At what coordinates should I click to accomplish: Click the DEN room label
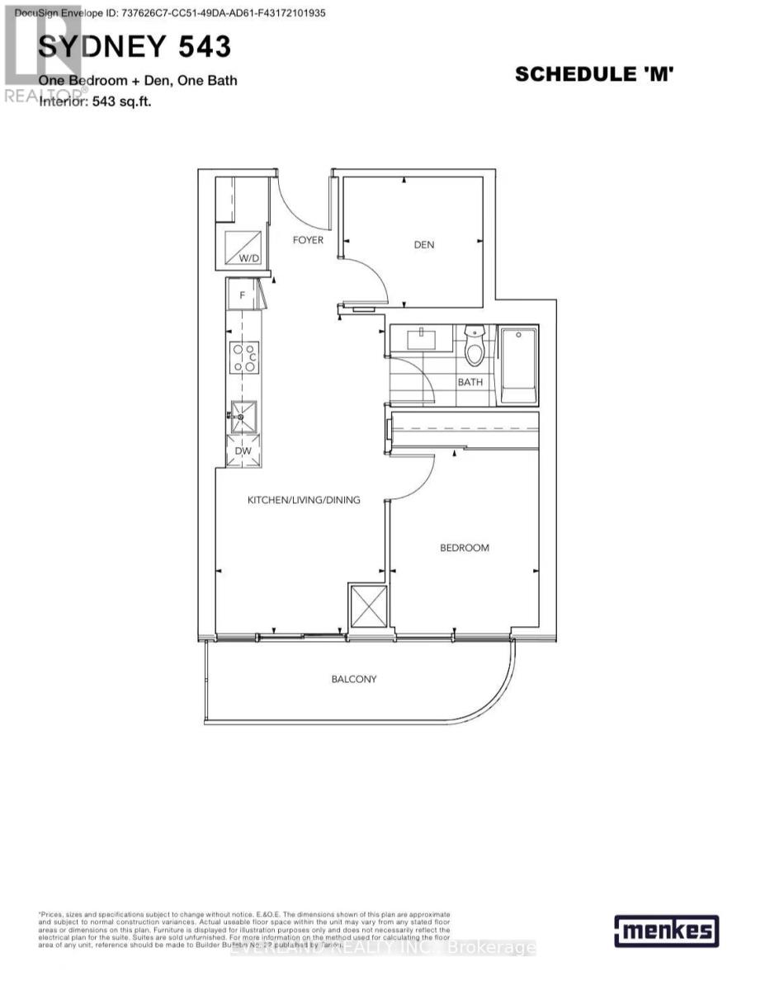click(x=424, y=244)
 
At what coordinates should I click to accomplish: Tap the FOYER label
click(x=309, y=240)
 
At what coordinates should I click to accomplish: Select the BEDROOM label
click(x=464, y=548)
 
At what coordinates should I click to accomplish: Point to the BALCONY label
click(x=353, y=679)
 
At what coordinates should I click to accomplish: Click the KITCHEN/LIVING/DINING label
click(x=305, y=500)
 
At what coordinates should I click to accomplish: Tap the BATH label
click(x=470, y=382)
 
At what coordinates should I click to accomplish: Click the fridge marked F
click(x=243, y=294)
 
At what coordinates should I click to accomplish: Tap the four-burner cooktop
click(x=244, y=357)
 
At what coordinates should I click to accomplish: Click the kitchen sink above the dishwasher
click(x=243, y=417)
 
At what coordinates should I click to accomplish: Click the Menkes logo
click(x=666, y=931)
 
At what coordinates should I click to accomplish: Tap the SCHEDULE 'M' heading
click(x=595, y=74)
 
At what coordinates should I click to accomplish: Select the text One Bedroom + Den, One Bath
click(x=138, y=81)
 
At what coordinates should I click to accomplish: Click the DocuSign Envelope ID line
click(x=166, y=12)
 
